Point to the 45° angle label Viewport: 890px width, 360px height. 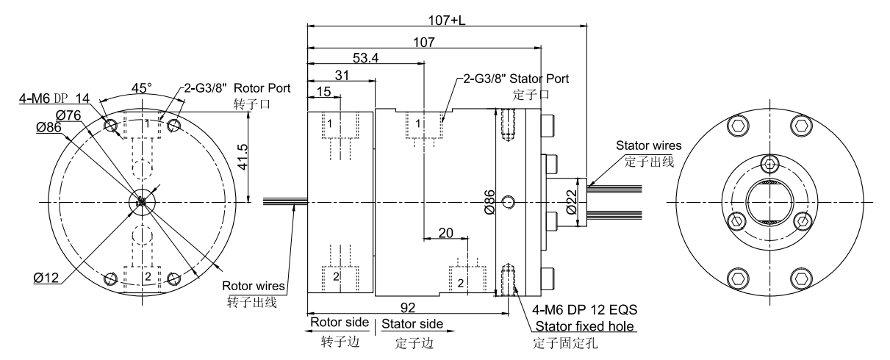(140, 87)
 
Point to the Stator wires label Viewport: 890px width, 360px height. (645, 146)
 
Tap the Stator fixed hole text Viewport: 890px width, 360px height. (585, 326)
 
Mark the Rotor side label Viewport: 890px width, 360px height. (336, 323)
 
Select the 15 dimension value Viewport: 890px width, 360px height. (325, 90)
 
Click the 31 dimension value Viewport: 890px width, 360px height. (341, 75)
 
